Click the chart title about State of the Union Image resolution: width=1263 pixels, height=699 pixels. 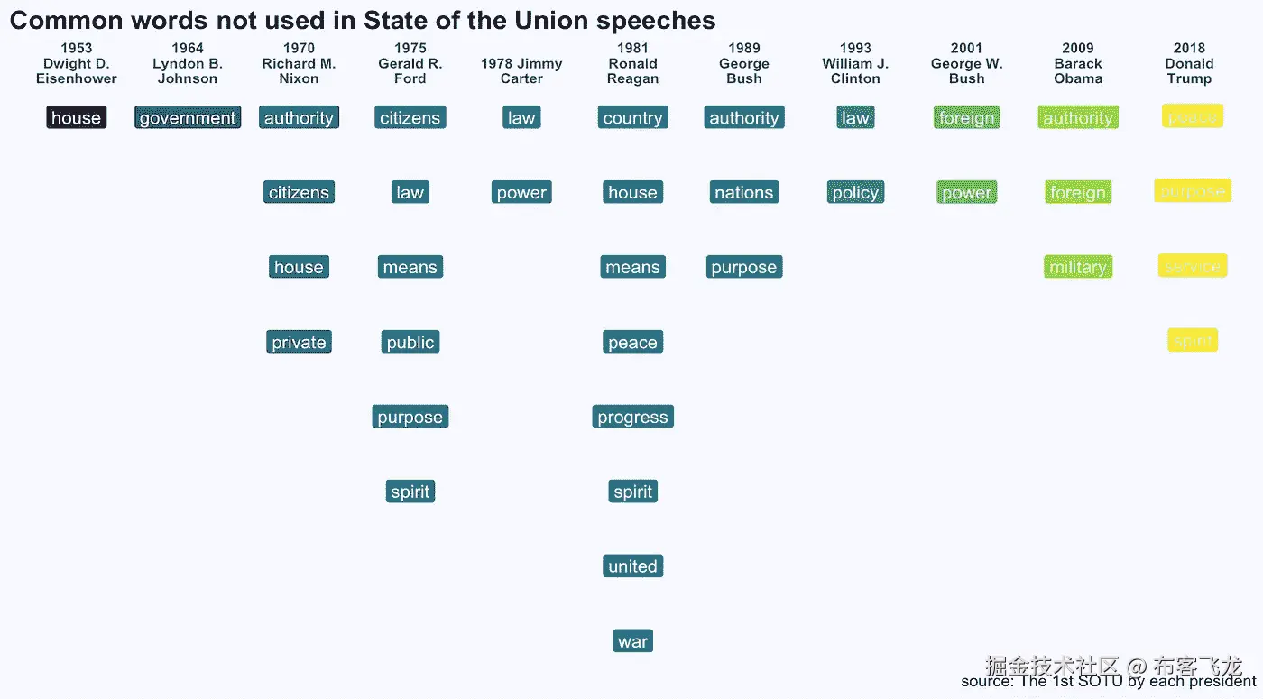[x=362, y=21]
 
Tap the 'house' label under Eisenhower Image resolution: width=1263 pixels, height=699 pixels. [x=77, y=118]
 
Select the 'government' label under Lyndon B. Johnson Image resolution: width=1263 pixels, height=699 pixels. [x=188, y=118]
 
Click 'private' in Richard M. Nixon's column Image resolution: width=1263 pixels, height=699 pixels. [x=299, y=343]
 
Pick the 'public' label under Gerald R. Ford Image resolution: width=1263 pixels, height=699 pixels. [x=410, y=343]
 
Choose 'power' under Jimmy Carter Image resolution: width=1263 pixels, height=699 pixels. [x=521, y=193]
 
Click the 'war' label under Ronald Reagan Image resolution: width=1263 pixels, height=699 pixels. [x=632, y=642]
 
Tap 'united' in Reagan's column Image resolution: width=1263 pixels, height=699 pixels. [x=632, y=567]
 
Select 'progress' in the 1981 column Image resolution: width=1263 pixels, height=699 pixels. [x=632, y=418]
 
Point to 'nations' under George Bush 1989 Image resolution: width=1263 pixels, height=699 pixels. [x=744, y=193]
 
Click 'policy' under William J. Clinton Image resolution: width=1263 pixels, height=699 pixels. [x=855, y=193]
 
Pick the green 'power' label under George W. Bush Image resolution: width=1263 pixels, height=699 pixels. [x=967, y=193]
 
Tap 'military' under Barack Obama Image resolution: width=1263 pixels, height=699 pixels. [x=1078, y=268]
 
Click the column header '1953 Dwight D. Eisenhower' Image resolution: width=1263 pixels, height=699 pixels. [x=77, y=63]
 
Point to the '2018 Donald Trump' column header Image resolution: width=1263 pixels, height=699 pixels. [x=1189, y=63]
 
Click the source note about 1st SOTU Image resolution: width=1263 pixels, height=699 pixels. [x=1108, y=682]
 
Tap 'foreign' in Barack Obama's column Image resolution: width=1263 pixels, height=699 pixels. [x=1078, y=193]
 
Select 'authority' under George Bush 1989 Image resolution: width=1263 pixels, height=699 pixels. [x=744, y=118]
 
